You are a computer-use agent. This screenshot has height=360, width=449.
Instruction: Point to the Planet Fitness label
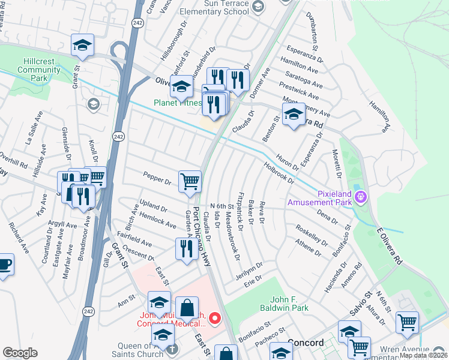pos(177,103)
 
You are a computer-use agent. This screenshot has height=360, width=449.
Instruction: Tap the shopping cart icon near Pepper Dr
pos(190,181)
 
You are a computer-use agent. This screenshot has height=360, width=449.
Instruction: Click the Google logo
pos(20,352)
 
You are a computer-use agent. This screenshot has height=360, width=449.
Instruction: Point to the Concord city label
pos(306,343)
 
